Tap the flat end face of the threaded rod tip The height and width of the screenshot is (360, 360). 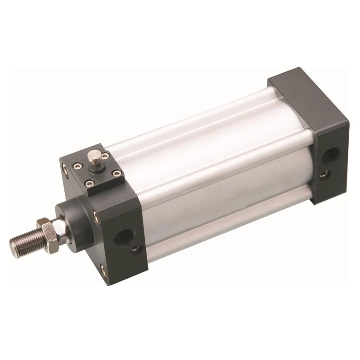coord(12,245)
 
